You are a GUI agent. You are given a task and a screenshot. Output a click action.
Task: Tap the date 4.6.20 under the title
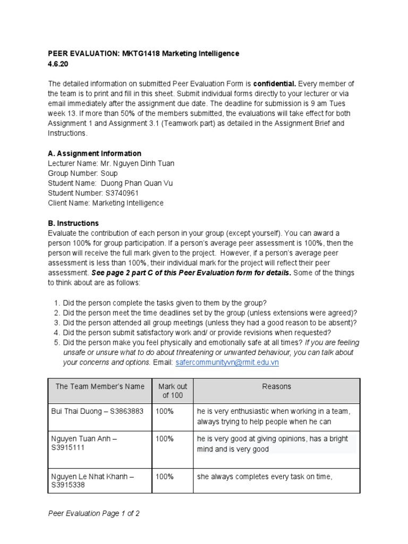pyautogui.click(x=58, y=64)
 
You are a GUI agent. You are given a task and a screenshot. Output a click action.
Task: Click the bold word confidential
pyautogui.click(x=273, y=84)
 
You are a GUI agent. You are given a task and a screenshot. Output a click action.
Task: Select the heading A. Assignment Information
pyautogui.click(x=94, y=154)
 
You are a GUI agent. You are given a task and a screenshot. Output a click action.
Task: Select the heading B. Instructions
pyautogui.click(x=73, y=223)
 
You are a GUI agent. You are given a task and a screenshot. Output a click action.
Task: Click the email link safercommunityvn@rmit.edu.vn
pyautogui.click(x=227, y=362)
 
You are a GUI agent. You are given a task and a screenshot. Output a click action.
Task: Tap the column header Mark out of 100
pyautogui.click(x=172, y=390)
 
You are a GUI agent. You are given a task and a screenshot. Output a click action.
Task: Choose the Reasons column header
pyautogui.click(x=276, y=387)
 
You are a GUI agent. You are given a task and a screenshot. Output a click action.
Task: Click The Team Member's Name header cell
pyautogui.click(x=100, y=387)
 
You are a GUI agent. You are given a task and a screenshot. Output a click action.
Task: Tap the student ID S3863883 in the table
pyautogui.click(x=127, y=412)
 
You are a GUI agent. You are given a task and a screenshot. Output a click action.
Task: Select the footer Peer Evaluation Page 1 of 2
pyautogui.click(x=93, y=514)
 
